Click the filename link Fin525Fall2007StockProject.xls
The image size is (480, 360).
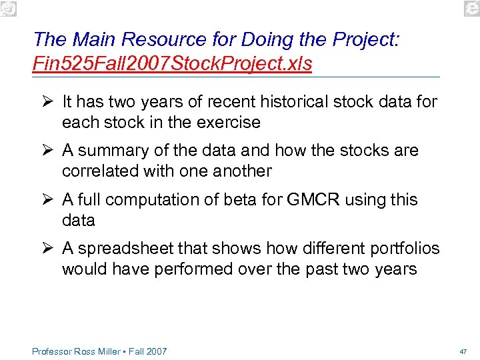tap(172, 65)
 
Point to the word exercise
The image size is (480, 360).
tap(227, 123)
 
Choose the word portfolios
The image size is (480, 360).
tap(403, 249)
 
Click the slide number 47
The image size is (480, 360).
tap(463, 351)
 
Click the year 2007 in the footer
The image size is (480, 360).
tap(155, 351)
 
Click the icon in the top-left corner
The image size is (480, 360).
tap(9, 8)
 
